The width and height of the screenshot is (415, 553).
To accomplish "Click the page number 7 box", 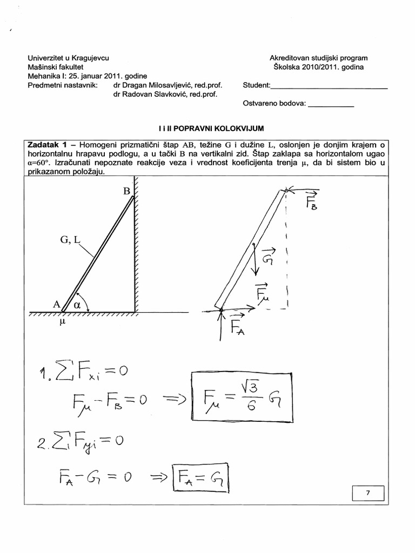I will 368,494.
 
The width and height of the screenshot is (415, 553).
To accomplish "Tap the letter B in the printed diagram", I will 127,191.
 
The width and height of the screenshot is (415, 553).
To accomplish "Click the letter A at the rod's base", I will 56,304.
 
